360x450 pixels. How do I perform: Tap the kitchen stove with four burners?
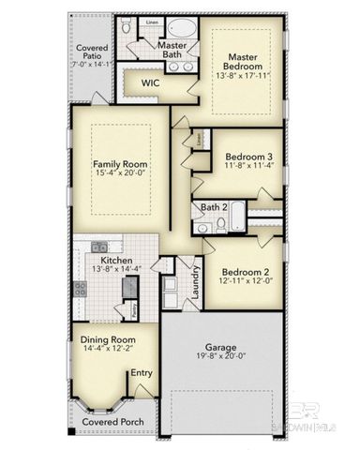click(81, 289)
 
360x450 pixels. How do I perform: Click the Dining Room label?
click(110, 339)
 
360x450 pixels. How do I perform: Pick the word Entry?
click(142, 373)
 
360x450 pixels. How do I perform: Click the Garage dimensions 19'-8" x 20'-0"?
click(222, 357)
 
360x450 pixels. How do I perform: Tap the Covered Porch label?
click(113, 422)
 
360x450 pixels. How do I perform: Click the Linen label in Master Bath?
click(152, 21)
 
